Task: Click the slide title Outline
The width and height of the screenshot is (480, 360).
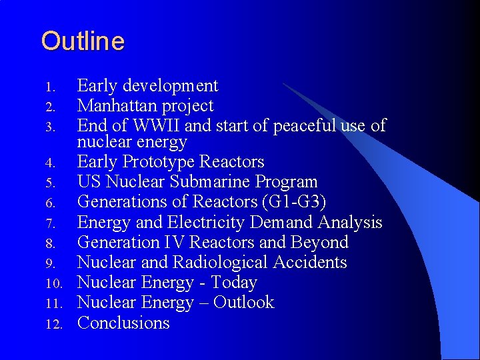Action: coord(83,41)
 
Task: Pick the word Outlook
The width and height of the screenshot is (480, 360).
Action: coord(243,303)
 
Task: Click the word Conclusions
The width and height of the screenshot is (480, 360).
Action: coord(123,323)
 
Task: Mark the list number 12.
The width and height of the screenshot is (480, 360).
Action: coord(54,325)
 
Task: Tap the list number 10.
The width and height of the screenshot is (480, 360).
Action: coord(54,284)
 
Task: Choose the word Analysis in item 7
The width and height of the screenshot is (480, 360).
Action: coord(350,222)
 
